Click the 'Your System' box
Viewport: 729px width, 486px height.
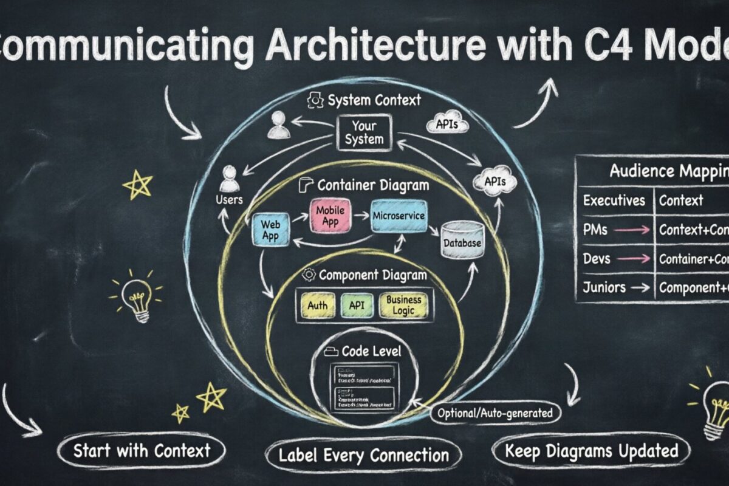(x=364, y=133)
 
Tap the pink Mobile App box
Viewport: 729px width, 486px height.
(x=330, y=216)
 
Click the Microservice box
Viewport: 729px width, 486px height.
(x=399, y=216)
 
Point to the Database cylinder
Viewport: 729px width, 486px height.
(x=462, y=241)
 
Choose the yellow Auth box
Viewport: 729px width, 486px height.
(x=317, y=306)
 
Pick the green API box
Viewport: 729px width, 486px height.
(x=357, y=306)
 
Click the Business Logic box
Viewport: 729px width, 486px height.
(x=403, y=305)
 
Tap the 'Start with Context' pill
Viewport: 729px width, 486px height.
(x=141, y=451)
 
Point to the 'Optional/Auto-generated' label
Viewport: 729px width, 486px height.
(x=495, y=414)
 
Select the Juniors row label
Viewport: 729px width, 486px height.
(x=604, y=287)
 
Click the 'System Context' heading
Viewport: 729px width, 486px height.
(x=372, y=100)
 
